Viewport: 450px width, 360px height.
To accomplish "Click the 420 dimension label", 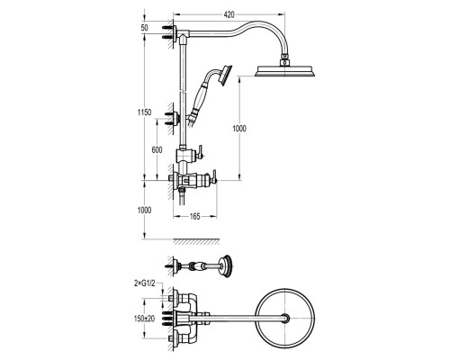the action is [x=229, y=14].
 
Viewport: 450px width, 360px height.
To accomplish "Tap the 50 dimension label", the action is [x=144, y=28].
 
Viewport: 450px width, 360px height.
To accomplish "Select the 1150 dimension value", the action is [x=144, y=112].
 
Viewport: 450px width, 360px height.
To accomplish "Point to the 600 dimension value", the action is [x=157, y=149].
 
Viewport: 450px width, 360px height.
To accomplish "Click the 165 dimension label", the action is [x=195, y=216].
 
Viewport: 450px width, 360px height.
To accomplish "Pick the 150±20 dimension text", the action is [x=144, y=319].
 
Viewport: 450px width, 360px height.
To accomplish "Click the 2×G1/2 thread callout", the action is [x=145, y=283].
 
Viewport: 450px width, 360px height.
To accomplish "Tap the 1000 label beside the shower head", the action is [x=239, y=129].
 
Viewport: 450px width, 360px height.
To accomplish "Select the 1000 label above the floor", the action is [x=144, y=211].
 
